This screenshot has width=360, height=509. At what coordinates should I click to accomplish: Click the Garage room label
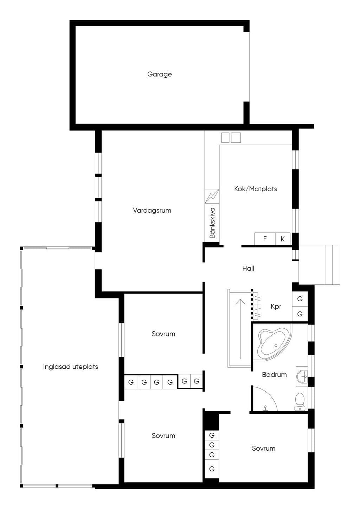click(x=159, y=74)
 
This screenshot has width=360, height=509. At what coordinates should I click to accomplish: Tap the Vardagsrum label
click(x=152, y=211)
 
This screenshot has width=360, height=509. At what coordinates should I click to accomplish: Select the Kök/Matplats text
click(x=256, y=189)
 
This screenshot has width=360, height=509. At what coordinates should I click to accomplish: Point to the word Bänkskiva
click(x=212, y=223)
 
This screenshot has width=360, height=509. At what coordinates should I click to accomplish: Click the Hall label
click(x=248, y=268)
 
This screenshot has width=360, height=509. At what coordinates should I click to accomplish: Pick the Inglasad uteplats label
click(x=70, y=367)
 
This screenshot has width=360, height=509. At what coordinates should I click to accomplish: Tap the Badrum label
click(x=274, y=374)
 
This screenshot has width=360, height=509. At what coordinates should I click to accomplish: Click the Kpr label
click(x=276, y=307)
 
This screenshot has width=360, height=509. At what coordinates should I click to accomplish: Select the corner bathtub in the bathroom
click(x=273, y=342)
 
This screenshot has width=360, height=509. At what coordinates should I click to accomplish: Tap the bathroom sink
click(x=302, y=376)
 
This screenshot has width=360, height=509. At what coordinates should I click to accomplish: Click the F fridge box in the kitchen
click(x=265, y=239)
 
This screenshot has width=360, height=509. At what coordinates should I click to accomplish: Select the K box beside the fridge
click(x=283, y=239)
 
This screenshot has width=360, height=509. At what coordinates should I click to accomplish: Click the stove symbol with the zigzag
click(x=212, y=196)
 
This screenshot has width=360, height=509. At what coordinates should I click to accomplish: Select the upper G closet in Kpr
click(x=300, y=299)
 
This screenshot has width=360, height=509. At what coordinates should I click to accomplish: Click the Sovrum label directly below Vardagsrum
click(x=163, y=334)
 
